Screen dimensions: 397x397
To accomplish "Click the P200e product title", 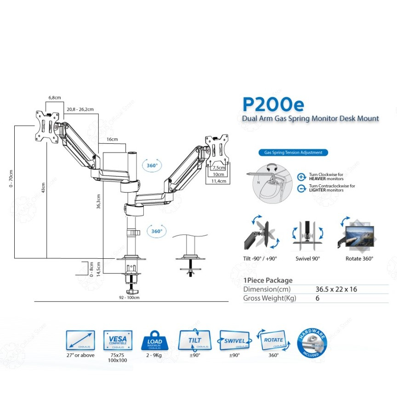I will click(x=273, y=104).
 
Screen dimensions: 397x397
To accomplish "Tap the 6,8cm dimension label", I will click(x=54, y=97).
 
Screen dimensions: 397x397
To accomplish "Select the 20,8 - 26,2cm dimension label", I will click(x=80, y=109).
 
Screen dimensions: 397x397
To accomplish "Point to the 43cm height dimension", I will click(x=43, y=189).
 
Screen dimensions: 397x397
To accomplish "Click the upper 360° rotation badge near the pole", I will click(x=152, y=165).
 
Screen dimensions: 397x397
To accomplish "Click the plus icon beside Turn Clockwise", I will click(x=301, y=176).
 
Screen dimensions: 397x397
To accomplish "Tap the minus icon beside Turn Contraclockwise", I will click(x=301, y=187).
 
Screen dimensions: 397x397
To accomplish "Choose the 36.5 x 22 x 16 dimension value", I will click(x=336, y=289).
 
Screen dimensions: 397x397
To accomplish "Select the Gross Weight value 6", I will click(x=318, y=298).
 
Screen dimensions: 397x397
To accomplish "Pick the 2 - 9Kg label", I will click(x=154, y=355).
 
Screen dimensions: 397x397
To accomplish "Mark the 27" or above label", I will click(x=81, y=355).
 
